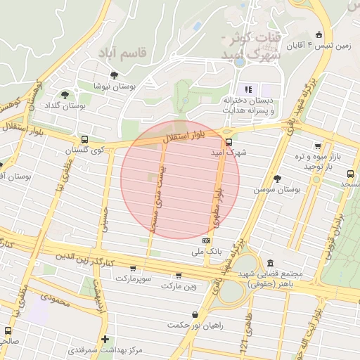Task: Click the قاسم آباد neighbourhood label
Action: [x=123, y=53]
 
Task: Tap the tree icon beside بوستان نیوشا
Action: [x=114, y=75]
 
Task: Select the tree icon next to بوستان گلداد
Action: [x=65, y=95]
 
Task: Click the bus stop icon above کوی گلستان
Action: [x=84, y=139]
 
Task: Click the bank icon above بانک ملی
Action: [x=206, y=240]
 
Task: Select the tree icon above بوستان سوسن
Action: [x=277, y=179]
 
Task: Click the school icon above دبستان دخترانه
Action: [x=247, y=89]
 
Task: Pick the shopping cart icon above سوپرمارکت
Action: [x=133, y=269]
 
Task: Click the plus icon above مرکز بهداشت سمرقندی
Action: [x=105, y=340]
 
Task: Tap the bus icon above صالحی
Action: [x=8, y=330]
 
